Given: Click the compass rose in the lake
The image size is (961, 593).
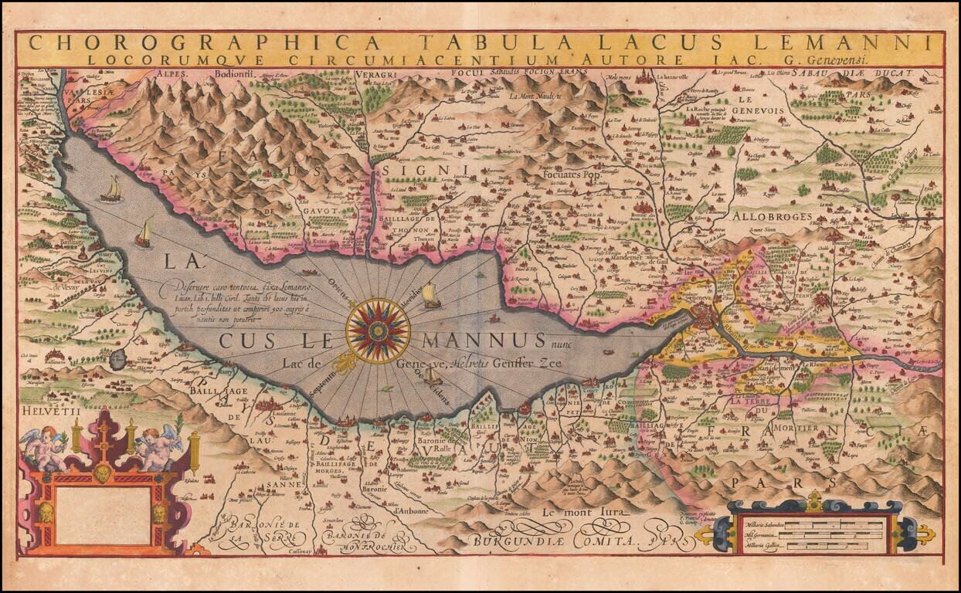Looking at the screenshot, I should [378, 330].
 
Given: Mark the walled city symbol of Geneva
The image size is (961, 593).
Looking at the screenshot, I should [705, 316].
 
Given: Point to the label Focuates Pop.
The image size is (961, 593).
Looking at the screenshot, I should [572, 175].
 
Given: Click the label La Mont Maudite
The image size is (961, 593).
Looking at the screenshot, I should [539, 97].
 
